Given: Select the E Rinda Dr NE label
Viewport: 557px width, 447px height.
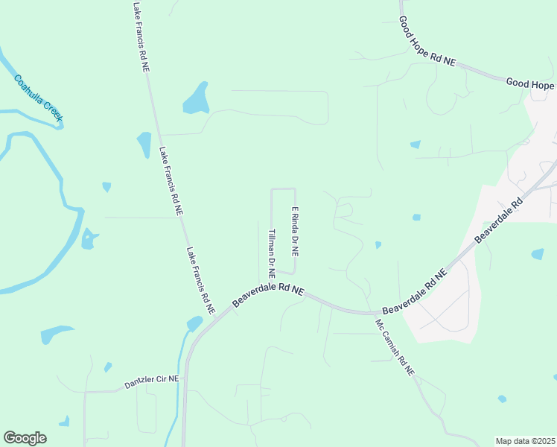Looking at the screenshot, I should pos(295,232).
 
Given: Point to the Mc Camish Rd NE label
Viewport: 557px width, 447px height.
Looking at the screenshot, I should pos(394,348).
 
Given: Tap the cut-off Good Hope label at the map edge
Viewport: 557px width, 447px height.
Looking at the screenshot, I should pos(530,83).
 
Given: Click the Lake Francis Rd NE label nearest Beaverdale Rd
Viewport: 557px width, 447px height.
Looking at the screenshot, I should pos(200,279).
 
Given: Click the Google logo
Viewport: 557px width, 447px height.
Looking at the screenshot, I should pos(25,438).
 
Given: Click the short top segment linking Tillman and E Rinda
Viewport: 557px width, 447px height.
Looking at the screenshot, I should pos(284,188).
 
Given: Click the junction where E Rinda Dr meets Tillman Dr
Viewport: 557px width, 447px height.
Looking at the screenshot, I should pos(295,273).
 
